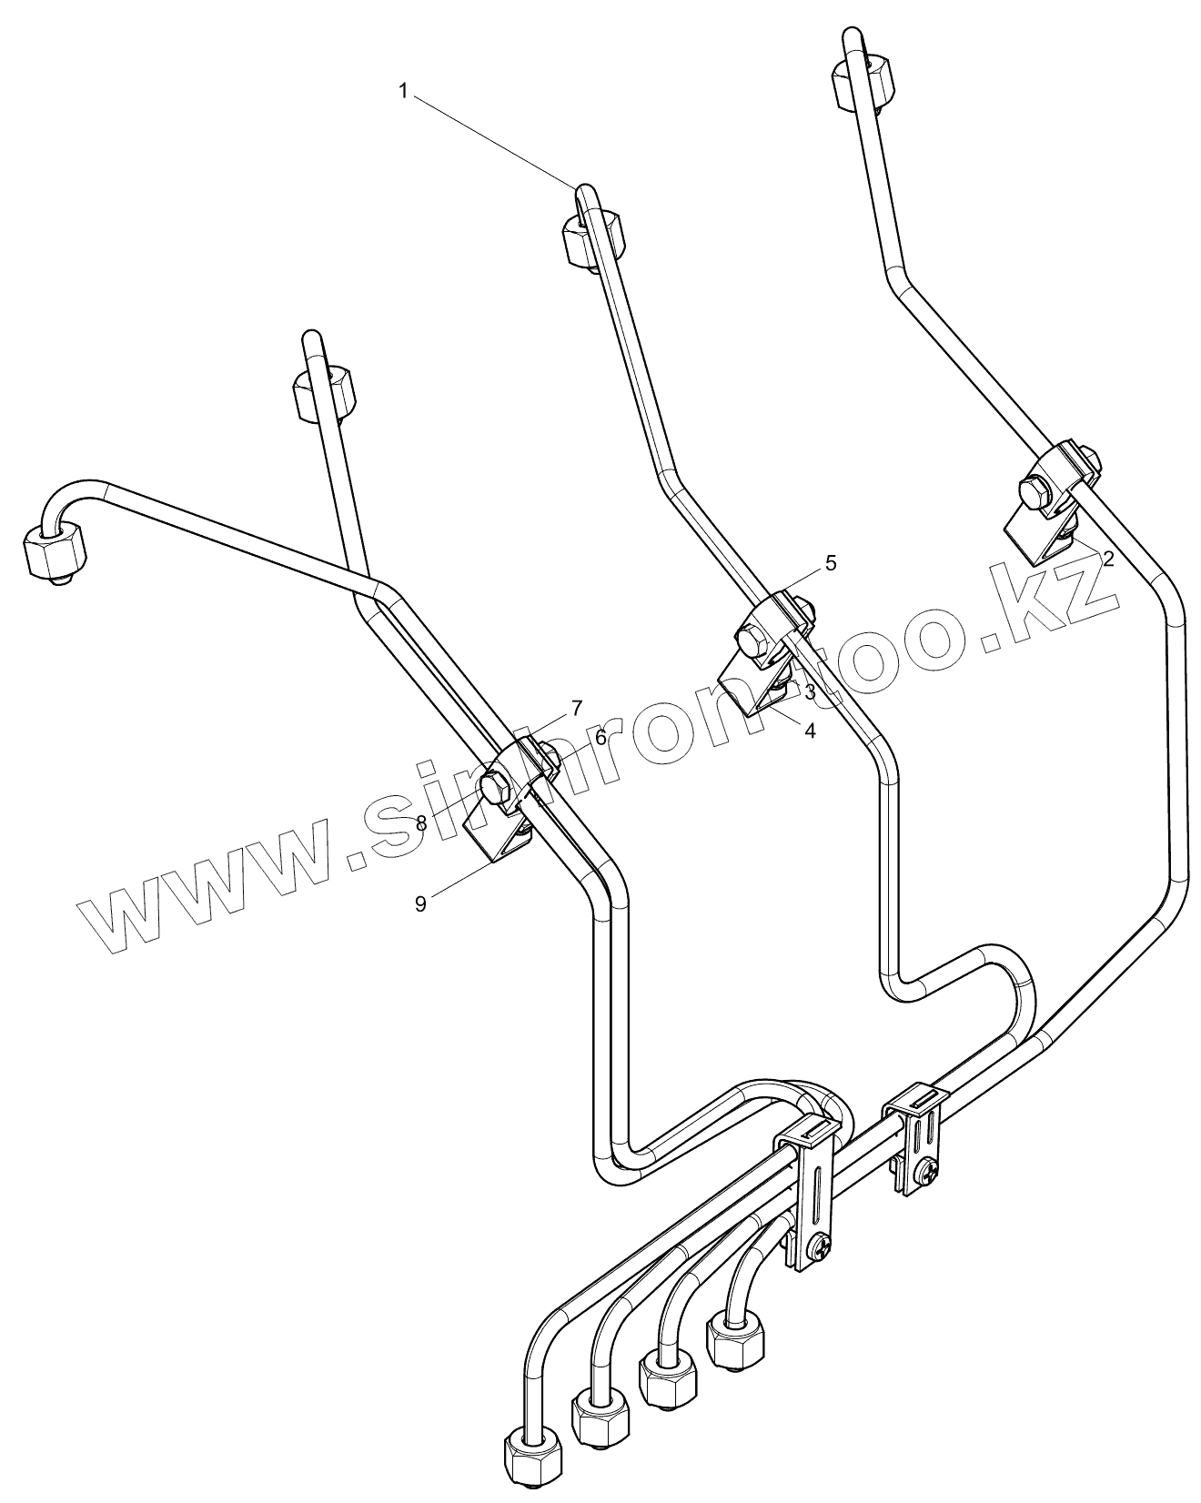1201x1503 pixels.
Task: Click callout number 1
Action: pyautogui.click(x=403, y=90)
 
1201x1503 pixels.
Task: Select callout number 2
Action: pyautogui.click(x=1107, y=559)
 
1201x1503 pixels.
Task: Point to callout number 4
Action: pyautogui.click(x=809, y=729)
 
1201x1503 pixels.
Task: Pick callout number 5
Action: pyautogui.click(x=831, y=562)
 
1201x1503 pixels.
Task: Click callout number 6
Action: pyautogui.click(x=600, y=738)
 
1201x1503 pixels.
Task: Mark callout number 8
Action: pyautogui.click(x=421, y=823)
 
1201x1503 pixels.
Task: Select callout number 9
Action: pyautogui.click(x=420, y=903)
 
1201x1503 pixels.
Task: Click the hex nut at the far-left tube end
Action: pyautogui.click(x=55, y=550)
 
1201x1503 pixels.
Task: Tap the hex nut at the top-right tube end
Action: pyautogui.click(x=863, y=82)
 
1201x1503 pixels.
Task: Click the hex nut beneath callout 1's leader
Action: pyautogui.click(x=592, y=236)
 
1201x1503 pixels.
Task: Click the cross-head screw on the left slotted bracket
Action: pyautogui.click(x=820, y=1248)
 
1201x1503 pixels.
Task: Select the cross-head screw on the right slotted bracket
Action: pyautogui.click(x=928, y=1173)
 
